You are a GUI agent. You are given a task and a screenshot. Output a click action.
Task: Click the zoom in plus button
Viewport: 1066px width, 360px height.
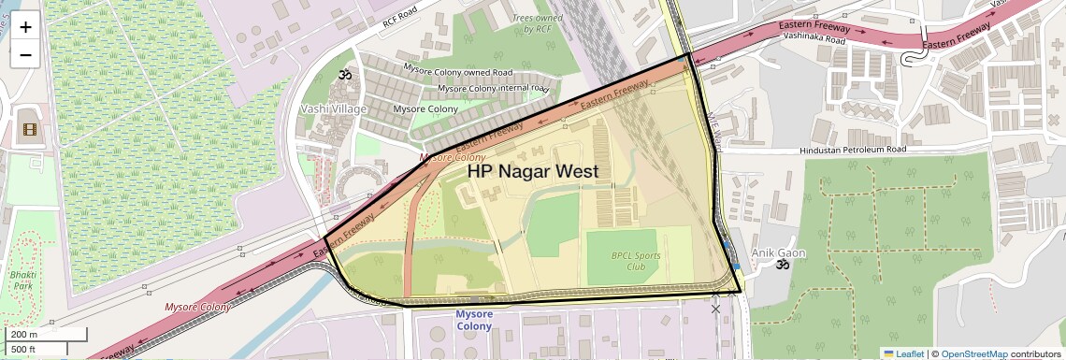(25, 27)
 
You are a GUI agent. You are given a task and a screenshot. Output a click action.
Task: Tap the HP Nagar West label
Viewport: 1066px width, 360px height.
(532, 171)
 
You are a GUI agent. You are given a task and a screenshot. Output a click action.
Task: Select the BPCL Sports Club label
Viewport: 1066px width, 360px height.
(636, 261)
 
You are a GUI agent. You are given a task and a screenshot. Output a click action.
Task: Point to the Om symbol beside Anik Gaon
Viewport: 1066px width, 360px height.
(783, 265)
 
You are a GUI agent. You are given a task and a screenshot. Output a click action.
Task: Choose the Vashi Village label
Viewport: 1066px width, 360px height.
(333, 108)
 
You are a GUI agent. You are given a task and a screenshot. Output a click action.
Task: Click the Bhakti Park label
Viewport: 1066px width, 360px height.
(22, 281)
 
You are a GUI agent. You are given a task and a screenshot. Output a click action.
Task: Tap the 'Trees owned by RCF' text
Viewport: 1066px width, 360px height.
(539, 23)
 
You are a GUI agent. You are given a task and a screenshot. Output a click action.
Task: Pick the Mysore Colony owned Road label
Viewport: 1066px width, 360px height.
(457, 71)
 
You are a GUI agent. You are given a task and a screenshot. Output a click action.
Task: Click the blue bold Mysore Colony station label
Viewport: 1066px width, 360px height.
(481, 320)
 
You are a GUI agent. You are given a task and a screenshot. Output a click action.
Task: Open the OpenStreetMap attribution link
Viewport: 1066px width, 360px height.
(973, 353)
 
